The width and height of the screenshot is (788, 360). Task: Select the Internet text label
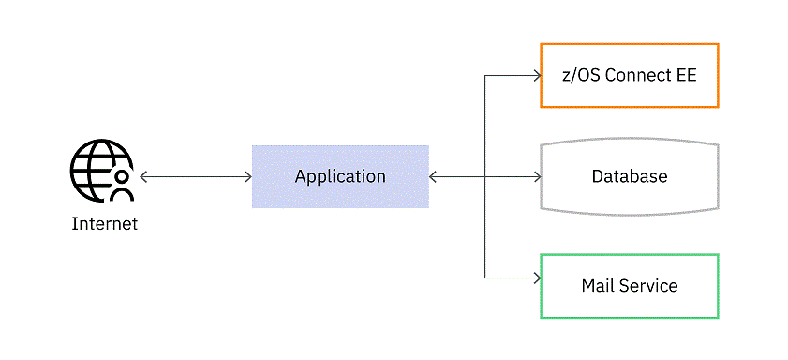point(104,224)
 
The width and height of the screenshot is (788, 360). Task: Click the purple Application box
point(340,176)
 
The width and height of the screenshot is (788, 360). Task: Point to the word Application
point(340,176)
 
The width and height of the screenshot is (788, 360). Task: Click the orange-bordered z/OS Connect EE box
point(629,75)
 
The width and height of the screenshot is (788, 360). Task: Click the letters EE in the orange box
point(686,75)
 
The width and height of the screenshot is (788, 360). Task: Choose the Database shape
point(629,176)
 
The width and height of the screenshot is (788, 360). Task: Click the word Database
point(629,176)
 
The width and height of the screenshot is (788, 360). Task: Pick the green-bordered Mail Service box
point(629,285)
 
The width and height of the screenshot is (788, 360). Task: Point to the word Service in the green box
point(647,285)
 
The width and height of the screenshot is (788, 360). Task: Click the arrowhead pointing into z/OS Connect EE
point(536,75)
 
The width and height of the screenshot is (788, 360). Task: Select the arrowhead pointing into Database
point(536,176)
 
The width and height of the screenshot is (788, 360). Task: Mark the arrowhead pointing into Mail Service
point(536,277)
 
